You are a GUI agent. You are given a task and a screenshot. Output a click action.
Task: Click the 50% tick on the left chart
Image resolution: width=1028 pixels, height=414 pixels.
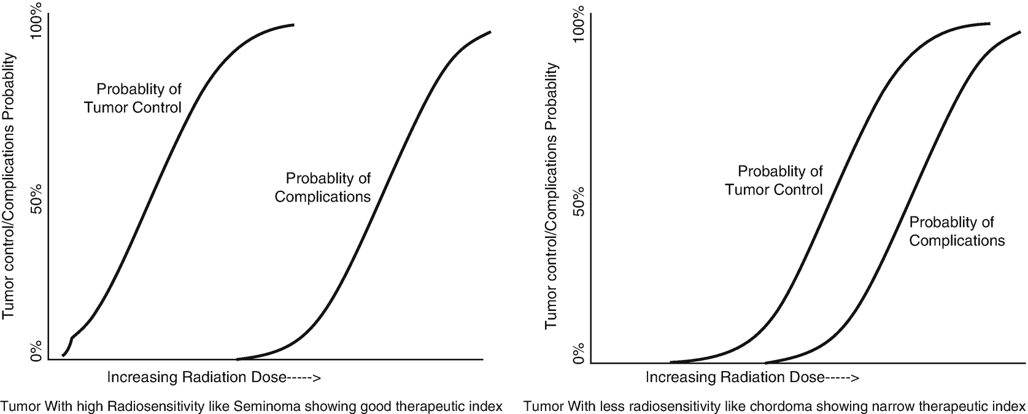point(35,199)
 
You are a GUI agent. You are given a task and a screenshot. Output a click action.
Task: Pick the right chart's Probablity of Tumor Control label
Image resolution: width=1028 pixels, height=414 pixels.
point(774,180)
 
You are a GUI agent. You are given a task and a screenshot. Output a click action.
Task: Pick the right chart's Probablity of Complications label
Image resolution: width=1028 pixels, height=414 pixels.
point(957,231)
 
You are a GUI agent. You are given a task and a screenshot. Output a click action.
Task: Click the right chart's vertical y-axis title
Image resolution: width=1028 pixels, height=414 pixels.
point(552,196)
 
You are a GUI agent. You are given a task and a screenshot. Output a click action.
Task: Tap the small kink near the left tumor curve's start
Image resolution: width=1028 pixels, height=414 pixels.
point(72,338)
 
